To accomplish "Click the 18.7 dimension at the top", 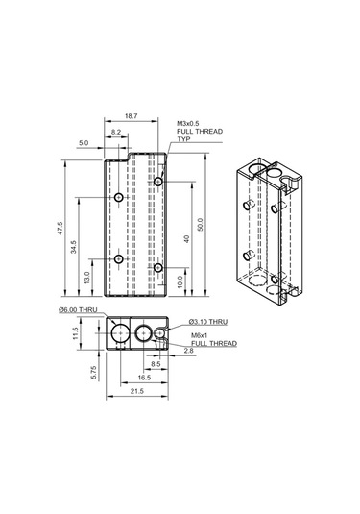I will (131, 115).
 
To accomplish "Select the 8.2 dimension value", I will (116, 131).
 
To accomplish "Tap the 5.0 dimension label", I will (84, 142).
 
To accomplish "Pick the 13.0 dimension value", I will (87, 279).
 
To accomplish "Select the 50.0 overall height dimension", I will (200, 225).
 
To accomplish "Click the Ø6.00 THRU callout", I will (78, 309).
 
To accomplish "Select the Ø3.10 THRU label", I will (206, 321).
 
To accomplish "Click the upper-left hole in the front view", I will (117, 198).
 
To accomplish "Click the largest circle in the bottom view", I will (122, 333).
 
